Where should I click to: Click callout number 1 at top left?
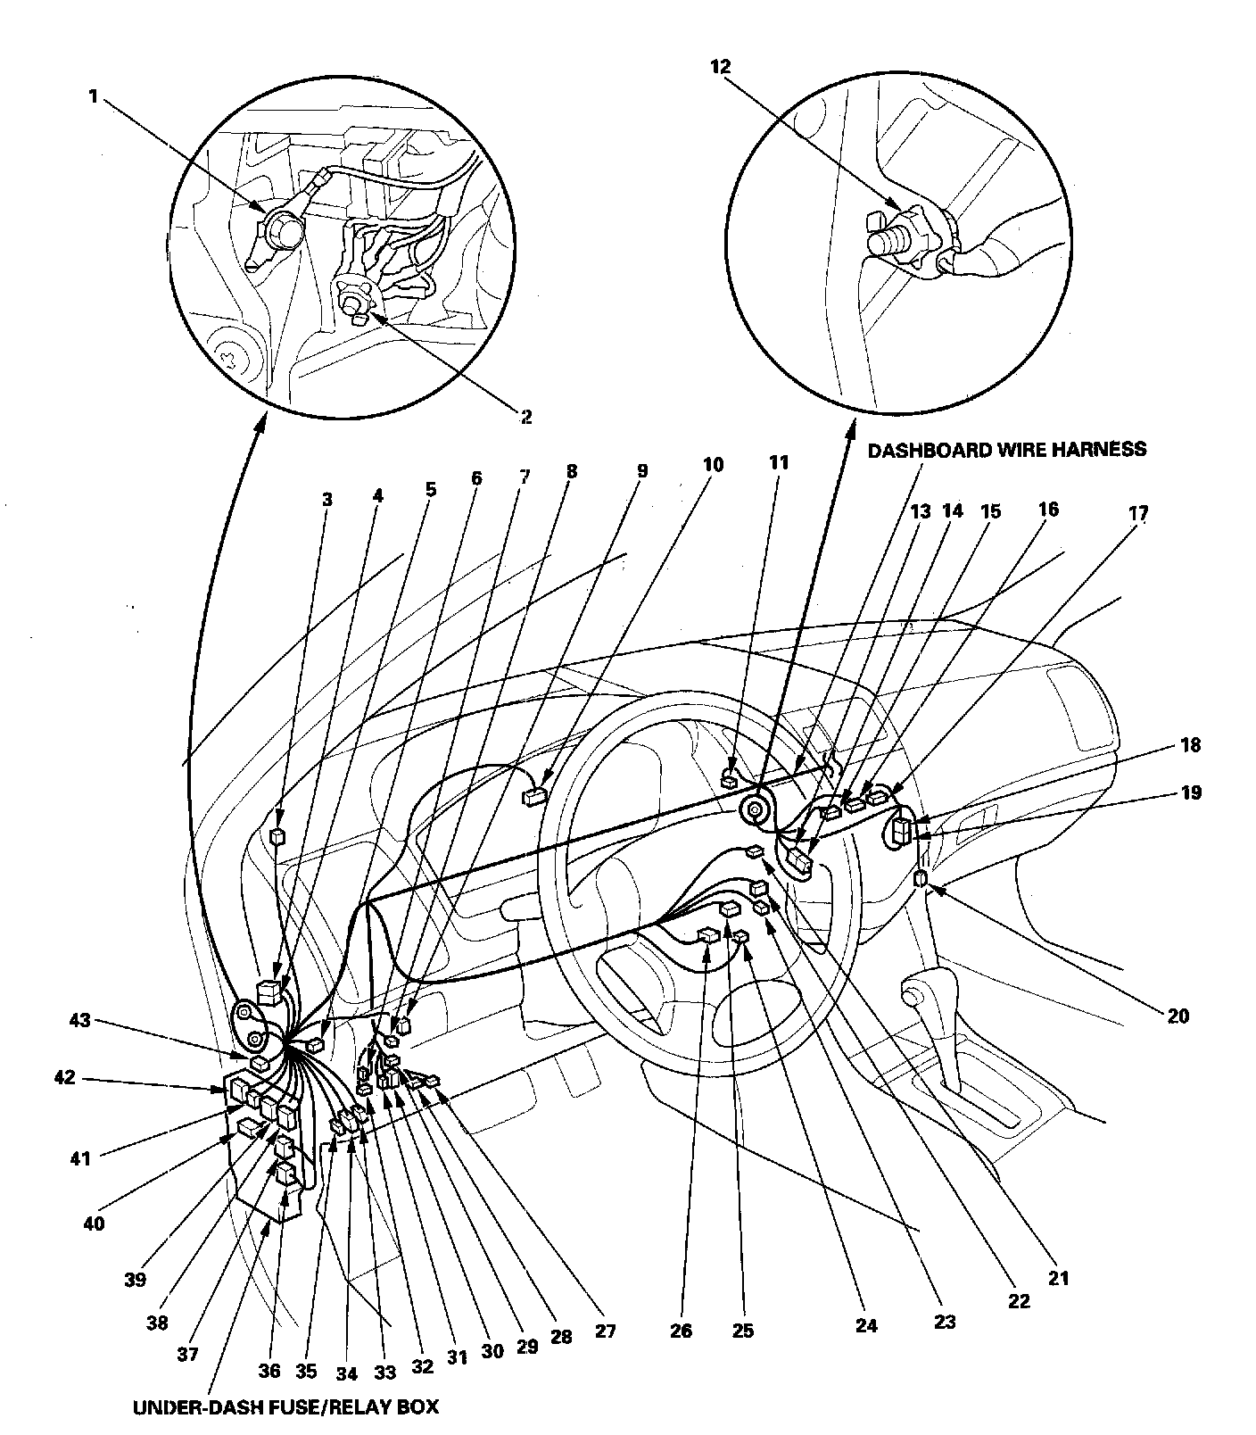tap(93, 96)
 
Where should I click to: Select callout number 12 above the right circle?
tap(720, 66)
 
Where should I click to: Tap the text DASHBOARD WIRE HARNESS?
tap(1007, 450)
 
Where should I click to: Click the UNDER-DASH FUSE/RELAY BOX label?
tap(285, 1407)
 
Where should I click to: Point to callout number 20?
tap(1177, 1016)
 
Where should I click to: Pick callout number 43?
tap(80, 1019)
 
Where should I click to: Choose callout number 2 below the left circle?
tap(525, 417)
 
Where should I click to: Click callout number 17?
tap(1138, 513)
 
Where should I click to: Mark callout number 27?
tap(605, 1331)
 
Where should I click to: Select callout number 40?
tap(94, 1223)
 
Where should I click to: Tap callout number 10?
tap(713, 464)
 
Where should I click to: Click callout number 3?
tap(327, 499)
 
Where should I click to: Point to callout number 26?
tap(681, 1331)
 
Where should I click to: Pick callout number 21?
tap(1058, 1278)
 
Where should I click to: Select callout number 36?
tap(269, 1370)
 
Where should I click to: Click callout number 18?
tap(1190, 745)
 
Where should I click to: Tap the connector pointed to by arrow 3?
tap(277, 836)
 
